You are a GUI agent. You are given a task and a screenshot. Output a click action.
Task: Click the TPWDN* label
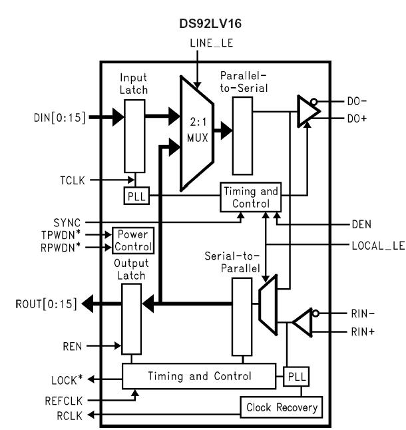(x=65, y=234)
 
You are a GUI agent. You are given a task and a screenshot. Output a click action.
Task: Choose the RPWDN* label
(x=65, y=248)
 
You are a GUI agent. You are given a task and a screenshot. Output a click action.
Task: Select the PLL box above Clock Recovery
(x=294, y=377)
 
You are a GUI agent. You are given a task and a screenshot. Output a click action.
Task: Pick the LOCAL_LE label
(x=377, y=245)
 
